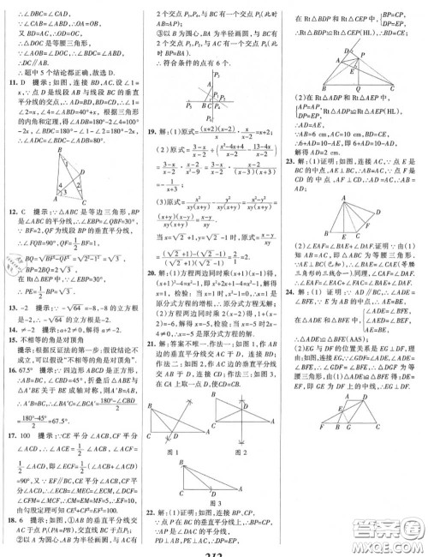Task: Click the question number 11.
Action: pos(9,84)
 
